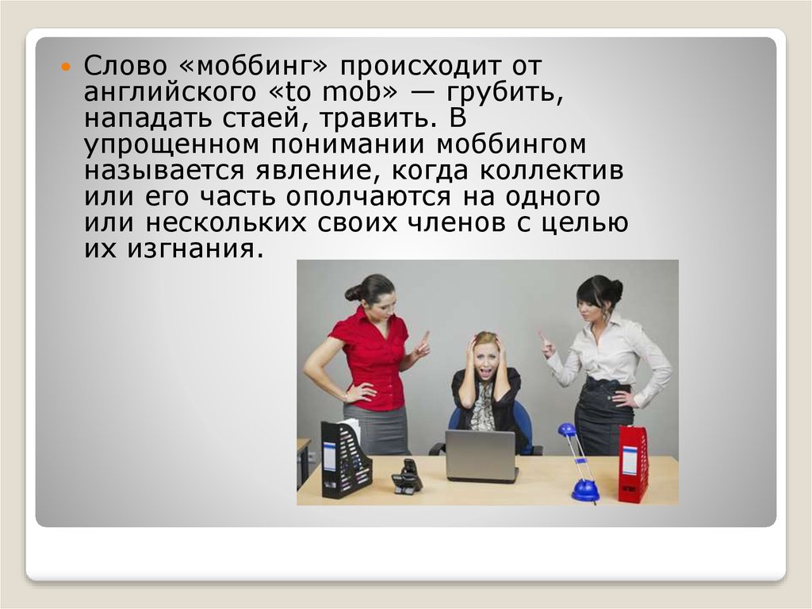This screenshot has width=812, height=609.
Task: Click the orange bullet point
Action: tap(65, 67)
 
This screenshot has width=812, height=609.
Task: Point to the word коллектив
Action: tap(551, 171)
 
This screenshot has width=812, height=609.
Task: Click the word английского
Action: tap(170, 92)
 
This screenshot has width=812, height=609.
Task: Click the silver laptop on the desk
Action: tap(481, 456)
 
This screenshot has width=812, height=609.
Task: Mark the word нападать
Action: tap(148, 119)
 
